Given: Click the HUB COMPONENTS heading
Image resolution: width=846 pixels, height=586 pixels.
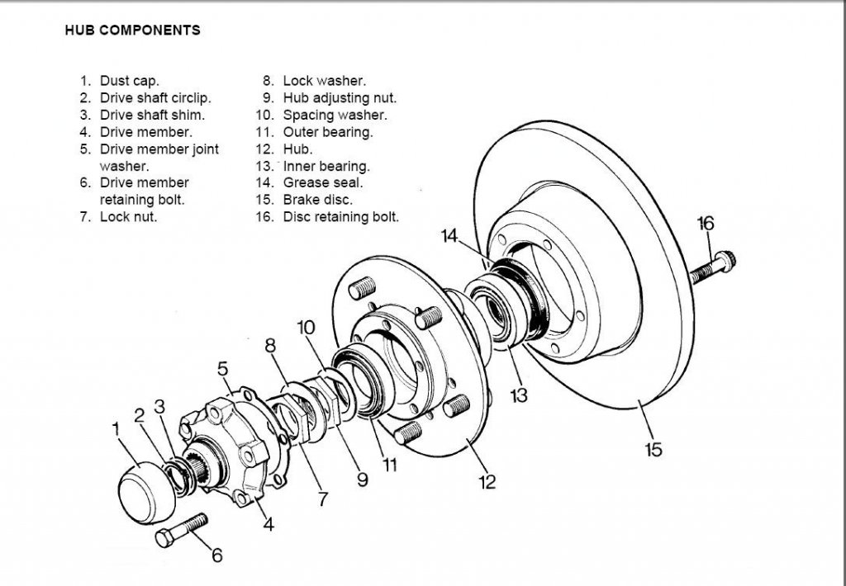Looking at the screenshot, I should (132, 31).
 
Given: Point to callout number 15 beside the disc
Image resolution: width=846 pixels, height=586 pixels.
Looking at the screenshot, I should (654, 450).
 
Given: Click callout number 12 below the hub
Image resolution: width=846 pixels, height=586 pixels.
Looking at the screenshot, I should (487, 482).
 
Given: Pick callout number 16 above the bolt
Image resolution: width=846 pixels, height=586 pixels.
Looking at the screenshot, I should (706, 223).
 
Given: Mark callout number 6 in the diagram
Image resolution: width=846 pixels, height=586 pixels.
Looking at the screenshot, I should (216, 555).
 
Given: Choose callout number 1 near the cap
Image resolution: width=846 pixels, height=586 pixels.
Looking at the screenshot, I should (116, 428).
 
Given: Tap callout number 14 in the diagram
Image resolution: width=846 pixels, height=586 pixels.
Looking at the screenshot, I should (449, 237).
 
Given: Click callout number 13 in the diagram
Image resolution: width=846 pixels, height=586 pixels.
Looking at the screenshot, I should (518, 395).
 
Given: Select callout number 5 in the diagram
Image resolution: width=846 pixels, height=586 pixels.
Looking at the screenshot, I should (222, 368).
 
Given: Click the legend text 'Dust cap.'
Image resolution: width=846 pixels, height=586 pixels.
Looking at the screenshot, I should (130, 81).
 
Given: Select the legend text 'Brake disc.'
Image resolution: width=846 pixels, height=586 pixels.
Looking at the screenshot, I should (317, 200).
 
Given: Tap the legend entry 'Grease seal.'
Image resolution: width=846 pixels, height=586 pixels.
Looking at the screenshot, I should (322, 183).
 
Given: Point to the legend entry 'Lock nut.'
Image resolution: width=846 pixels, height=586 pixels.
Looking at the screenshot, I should (128, 217).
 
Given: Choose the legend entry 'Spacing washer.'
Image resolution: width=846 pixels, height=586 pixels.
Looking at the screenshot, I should (335, 116).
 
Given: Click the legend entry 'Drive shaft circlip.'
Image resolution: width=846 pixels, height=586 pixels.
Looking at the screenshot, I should (155, 98).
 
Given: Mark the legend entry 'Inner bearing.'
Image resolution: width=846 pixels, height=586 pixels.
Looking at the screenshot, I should (326, 166).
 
